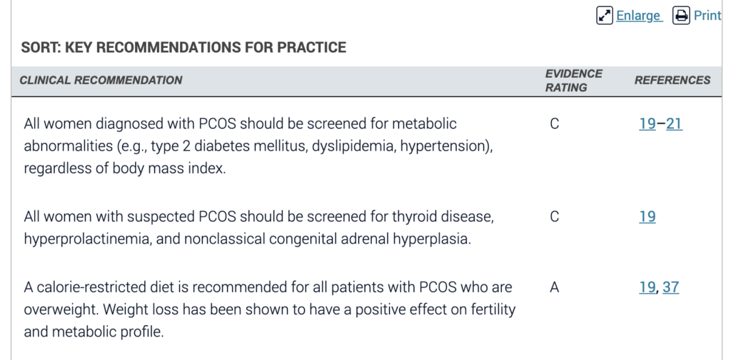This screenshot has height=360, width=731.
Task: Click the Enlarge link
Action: click(x=638, y=16)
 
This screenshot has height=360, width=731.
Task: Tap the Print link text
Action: click(x=707, y=16)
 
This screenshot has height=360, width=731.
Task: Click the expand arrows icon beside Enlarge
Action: click(x=605, y=16)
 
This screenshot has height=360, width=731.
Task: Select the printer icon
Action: click(x=681, y=16)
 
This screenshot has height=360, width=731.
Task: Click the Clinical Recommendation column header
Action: click(x=101, y=80)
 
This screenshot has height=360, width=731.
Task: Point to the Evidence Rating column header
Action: click(x=574, y=81)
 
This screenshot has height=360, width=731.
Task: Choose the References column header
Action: click(x=672, y=80)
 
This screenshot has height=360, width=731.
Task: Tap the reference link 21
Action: click(x=674, y=124)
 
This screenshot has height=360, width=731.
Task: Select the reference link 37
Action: click(x=670, y=287)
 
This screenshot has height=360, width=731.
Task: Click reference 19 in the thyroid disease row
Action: click(x=647, y=217)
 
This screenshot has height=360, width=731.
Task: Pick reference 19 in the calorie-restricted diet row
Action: click(x=647, y=287)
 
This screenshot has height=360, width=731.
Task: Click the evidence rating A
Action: click(x=554, y=287)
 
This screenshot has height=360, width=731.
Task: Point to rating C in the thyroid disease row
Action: click(x=554, y=217)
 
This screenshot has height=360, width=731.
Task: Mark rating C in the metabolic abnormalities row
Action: click(x=554, y=124)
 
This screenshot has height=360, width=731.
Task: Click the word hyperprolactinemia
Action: click(x=88, y=239)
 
